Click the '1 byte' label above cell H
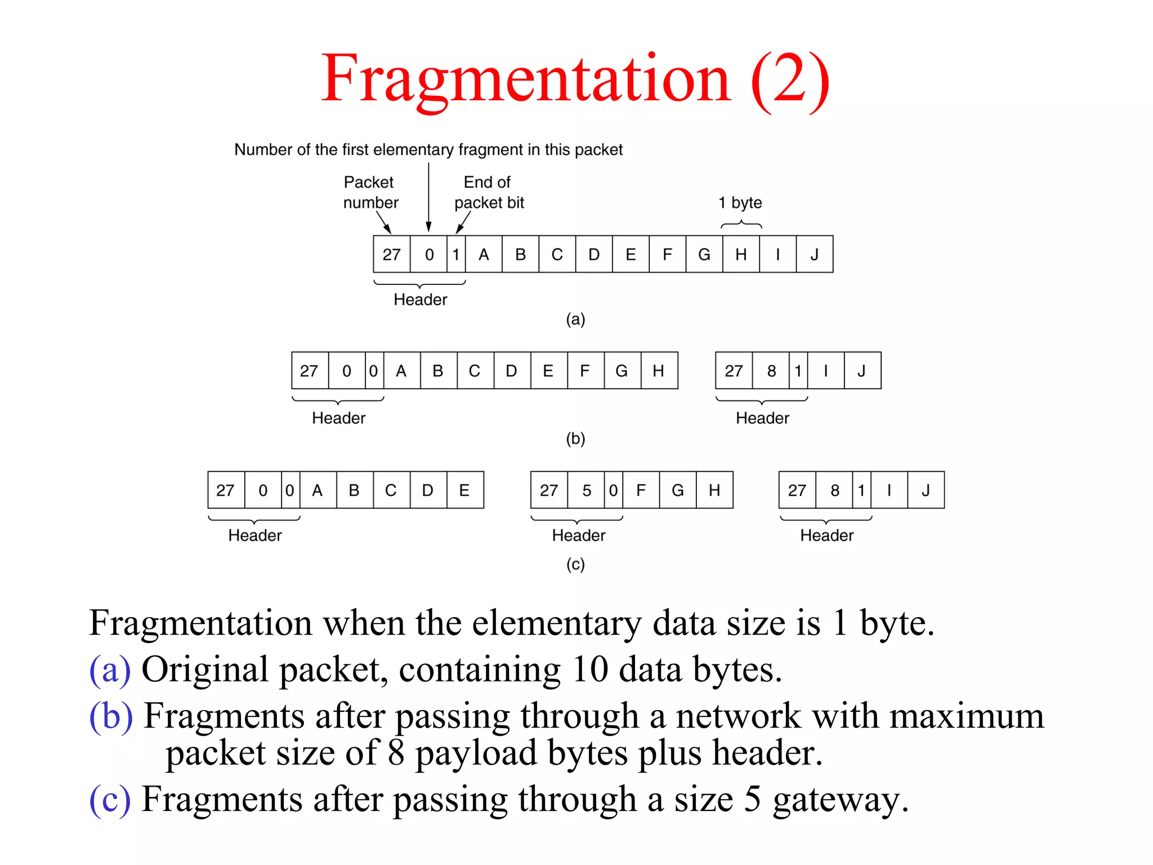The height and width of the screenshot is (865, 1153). tap(740, 203)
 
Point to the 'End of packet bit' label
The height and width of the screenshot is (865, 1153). tap(489, 192)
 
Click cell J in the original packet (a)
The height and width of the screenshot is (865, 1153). tap(814, 255)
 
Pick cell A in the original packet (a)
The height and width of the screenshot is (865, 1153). tap(484, 255)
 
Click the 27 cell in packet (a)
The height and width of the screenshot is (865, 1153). tap(392, 255)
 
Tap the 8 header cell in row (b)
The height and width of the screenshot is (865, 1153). tap(771, 371)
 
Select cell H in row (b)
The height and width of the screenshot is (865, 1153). tap(658, 371)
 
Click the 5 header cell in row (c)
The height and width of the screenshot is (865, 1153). tap(587, 491)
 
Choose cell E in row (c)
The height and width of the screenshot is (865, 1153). tap(464, 491)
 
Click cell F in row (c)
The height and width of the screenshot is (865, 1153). tap(641, 491)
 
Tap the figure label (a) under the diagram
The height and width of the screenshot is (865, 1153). tap(575, 319)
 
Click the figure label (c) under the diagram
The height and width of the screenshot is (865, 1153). tap(575, 564)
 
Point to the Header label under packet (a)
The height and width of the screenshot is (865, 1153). tap(420, 300)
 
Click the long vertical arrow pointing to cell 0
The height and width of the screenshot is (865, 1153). tap(428, 197)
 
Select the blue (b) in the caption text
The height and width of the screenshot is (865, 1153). tap(111, 716)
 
